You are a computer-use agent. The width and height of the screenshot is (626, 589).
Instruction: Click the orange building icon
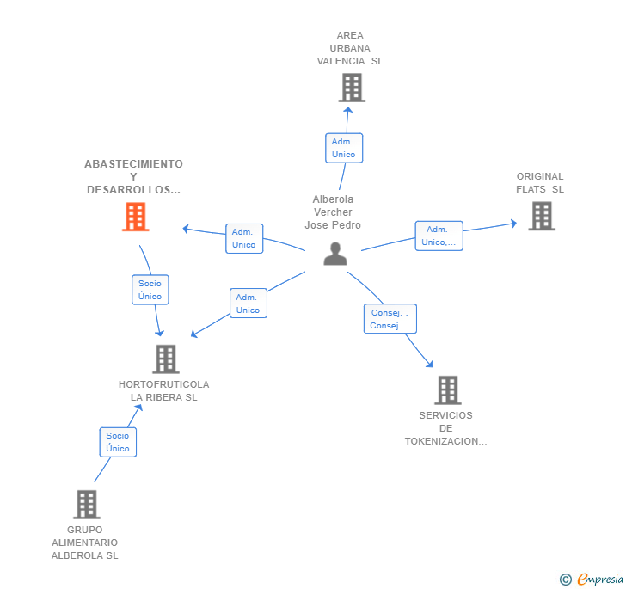[x=136, y=217]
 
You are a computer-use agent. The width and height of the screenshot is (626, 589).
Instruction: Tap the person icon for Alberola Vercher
[x=335, y=254]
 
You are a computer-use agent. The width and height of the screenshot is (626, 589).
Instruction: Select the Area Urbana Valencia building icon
[x=353, y=88]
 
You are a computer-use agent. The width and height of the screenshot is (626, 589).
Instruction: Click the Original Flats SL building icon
[x=542, y=216]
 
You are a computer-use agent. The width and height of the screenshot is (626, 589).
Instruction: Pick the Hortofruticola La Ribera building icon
[x=166, y=359]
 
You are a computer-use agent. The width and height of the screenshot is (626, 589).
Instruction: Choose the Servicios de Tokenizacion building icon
[x=448, y=390]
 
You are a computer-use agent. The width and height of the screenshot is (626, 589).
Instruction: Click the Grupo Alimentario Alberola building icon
[x=87, y=505]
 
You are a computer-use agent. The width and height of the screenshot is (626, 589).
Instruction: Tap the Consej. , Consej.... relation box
[x=390, y=319]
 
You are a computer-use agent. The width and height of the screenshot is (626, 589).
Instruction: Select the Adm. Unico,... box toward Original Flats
[x=439, y=236]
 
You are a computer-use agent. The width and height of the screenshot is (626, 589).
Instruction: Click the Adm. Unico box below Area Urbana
[x=344, y=148]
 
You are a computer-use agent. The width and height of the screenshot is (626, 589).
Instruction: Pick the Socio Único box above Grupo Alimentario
[x=118, y=442]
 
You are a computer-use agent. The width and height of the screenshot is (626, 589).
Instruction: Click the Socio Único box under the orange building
[x=150, y=290]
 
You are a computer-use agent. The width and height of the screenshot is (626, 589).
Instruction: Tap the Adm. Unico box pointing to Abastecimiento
[x=244, y=238]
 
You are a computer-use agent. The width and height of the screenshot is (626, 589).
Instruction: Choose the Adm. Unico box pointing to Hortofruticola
[x=249, y=303]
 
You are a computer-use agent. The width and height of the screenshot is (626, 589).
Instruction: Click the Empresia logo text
[x=600, y=579]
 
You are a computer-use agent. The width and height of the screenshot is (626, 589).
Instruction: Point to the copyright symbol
[x=566, y=579]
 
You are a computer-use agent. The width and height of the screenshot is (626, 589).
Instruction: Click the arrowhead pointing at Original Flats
[x=514, y=224]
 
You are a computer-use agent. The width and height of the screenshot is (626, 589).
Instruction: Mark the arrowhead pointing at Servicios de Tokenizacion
[x=429, y=364]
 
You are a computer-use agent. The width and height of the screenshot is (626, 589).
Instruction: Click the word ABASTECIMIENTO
[x=134, y=163]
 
